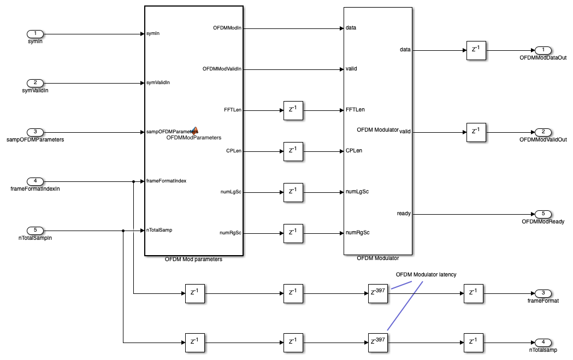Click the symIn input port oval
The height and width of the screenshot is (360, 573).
(x=35, y=34)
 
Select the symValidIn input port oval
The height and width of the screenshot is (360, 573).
(x=35, y=83)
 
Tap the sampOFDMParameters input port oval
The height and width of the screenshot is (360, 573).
(x=35, y=132)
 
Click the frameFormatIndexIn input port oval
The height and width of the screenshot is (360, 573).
(x=35, y=181)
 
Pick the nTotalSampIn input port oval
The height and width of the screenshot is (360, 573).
(x=35, y=231)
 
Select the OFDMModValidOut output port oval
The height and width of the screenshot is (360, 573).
(x=543, y=132)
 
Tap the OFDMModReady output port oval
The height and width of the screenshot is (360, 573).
(x=543, y=214)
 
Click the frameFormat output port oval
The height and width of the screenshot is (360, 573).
(x=543, y=293)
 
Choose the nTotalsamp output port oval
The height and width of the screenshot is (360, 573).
(x=543, y=343)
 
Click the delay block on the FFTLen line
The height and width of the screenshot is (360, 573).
(x=293, y=110)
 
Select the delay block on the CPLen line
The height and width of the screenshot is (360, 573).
(x=293, y=151)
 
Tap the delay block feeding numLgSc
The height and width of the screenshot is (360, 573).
(x=293, y=192)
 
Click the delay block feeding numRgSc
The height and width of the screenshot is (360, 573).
(x=293, y=233)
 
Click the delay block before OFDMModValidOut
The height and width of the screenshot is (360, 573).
(x=476, y=132)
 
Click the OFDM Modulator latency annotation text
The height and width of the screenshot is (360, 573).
(x=426, y=274)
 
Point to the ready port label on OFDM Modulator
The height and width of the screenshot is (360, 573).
(x=404, y=214)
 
